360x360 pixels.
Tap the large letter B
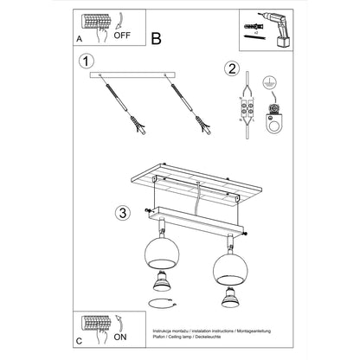point(156,37)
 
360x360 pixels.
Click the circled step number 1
point(84,61)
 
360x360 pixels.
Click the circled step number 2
point(231,69)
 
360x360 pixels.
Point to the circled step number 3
point(124,211)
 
